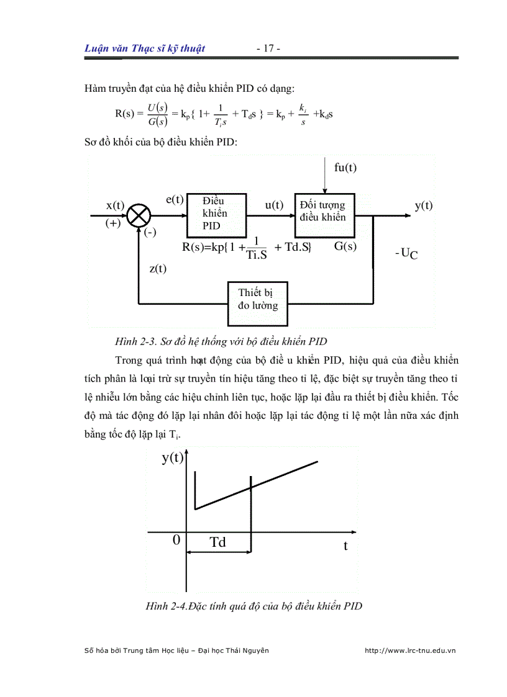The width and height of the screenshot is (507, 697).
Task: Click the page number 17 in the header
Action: click(269, 49)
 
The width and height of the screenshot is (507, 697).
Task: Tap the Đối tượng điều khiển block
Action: click(324, 211)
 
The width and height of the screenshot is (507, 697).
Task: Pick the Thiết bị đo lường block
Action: click(258, 299)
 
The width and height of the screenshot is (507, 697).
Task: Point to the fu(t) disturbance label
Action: click(345, 168)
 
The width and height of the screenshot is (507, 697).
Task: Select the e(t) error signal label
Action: click(175, 199)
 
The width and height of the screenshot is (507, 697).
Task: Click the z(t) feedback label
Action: click(158, 269)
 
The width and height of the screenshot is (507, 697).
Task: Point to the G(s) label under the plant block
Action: click(345, 246)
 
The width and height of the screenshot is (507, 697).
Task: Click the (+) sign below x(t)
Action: click(112, 224)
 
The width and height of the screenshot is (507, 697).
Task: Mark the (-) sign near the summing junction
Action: click(150, 233)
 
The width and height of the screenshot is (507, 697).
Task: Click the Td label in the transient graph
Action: click(217, 542)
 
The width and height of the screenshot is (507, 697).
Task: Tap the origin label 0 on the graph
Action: click(176, 540)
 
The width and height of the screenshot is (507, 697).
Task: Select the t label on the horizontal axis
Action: click(345, 546)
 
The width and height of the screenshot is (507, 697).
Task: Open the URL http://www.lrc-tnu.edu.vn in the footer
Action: click(410, 650)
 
